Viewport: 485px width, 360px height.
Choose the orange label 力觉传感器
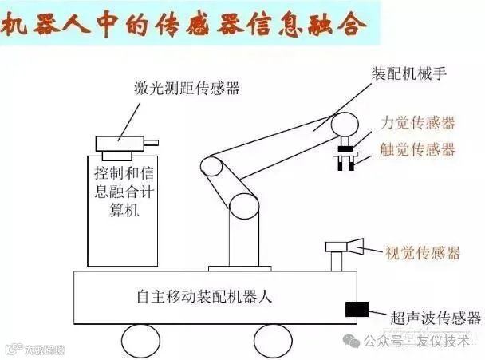(x=417, y=123)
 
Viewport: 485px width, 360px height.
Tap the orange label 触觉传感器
(x=417, y=149)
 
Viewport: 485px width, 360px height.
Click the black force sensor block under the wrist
(x=348, y=148)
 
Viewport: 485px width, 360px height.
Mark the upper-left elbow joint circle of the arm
(x=211, y=168)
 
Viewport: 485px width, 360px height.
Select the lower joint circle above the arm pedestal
(x=243, y=205)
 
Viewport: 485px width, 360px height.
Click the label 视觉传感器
(x=423, y=253)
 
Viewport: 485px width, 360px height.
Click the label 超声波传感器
(x=436, y=318)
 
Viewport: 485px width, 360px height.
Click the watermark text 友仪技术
(x=444, y=341)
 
